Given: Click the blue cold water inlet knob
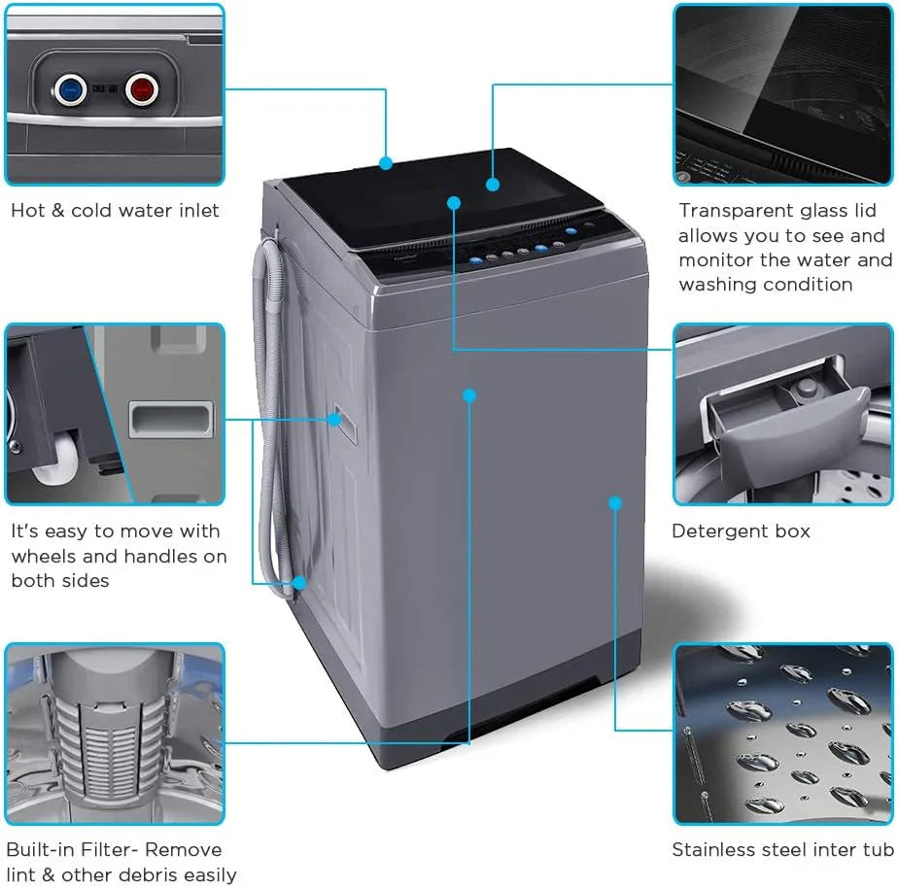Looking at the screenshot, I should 68,91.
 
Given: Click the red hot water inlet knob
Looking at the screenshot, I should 142,91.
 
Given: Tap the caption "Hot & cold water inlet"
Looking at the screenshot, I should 115,210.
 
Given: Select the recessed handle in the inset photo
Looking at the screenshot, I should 172,420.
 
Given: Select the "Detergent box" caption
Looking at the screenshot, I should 741,531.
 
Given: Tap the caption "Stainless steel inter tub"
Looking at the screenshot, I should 781,850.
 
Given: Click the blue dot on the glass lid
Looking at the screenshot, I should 493,184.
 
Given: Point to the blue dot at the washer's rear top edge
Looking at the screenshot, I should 386,162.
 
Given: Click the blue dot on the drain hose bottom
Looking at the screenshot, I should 299,583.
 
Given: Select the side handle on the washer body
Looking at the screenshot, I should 334,419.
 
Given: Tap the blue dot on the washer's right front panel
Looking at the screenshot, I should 614,502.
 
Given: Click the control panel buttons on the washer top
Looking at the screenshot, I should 525,251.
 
